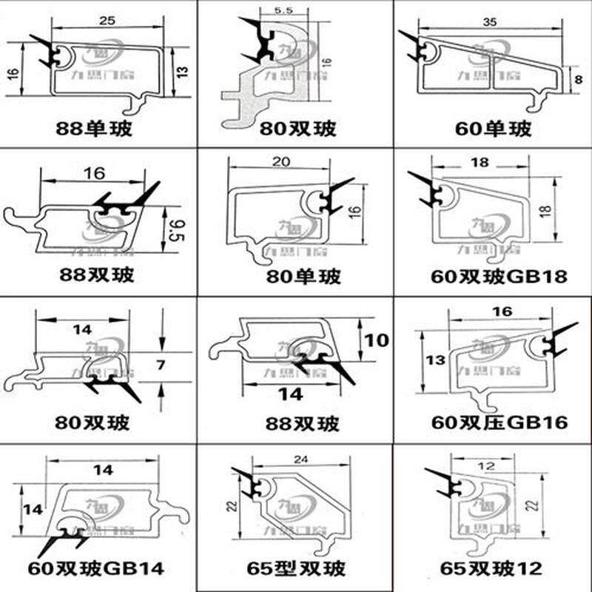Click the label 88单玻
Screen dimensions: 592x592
pos(94,128)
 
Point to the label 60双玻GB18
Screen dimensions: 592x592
pos(499,277)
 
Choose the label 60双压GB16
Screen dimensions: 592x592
pos(499,423)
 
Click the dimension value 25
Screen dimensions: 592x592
pos(106,22)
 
